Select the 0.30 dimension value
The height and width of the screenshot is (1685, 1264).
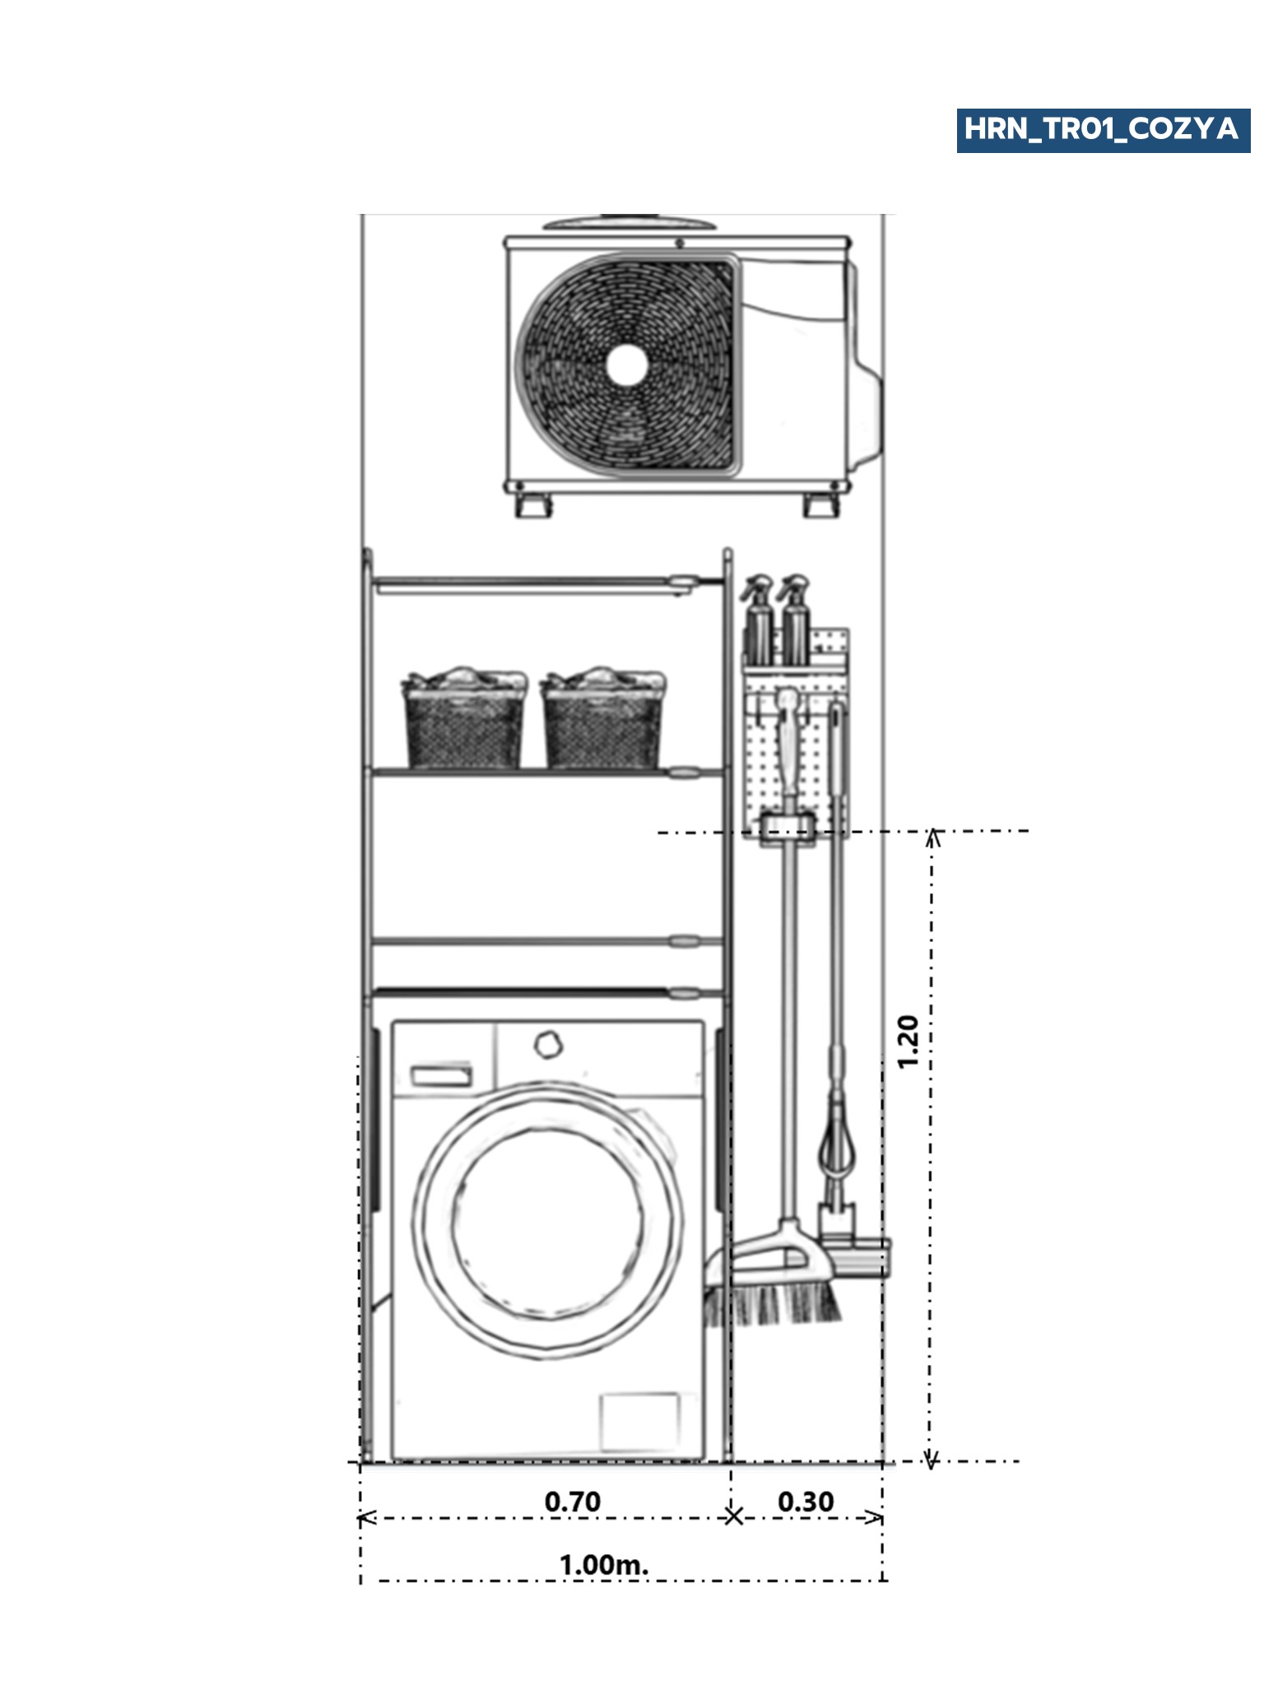[x=806, y=1502]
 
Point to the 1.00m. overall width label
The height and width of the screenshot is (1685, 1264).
[x=603, y=1564]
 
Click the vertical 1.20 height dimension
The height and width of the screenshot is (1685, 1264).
[x=908, y=1042]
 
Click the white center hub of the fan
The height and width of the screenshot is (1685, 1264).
[x=627, y=364]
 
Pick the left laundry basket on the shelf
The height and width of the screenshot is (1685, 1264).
[x=464, y=722]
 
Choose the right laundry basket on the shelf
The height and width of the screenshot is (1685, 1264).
[x=603, y=722]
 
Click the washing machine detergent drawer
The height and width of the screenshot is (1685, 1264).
[x=441, y=1076]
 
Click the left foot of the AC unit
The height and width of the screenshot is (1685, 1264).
[x=533, y=505]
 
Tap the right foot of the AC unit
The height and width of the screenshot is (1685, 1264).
[x=820, y=505]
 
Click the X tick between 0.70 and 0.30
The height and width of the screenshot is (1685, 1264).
[x=733, y=1516]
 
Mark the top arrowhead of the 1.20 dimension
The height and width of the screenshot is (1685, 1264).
[x=932, y=838]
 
